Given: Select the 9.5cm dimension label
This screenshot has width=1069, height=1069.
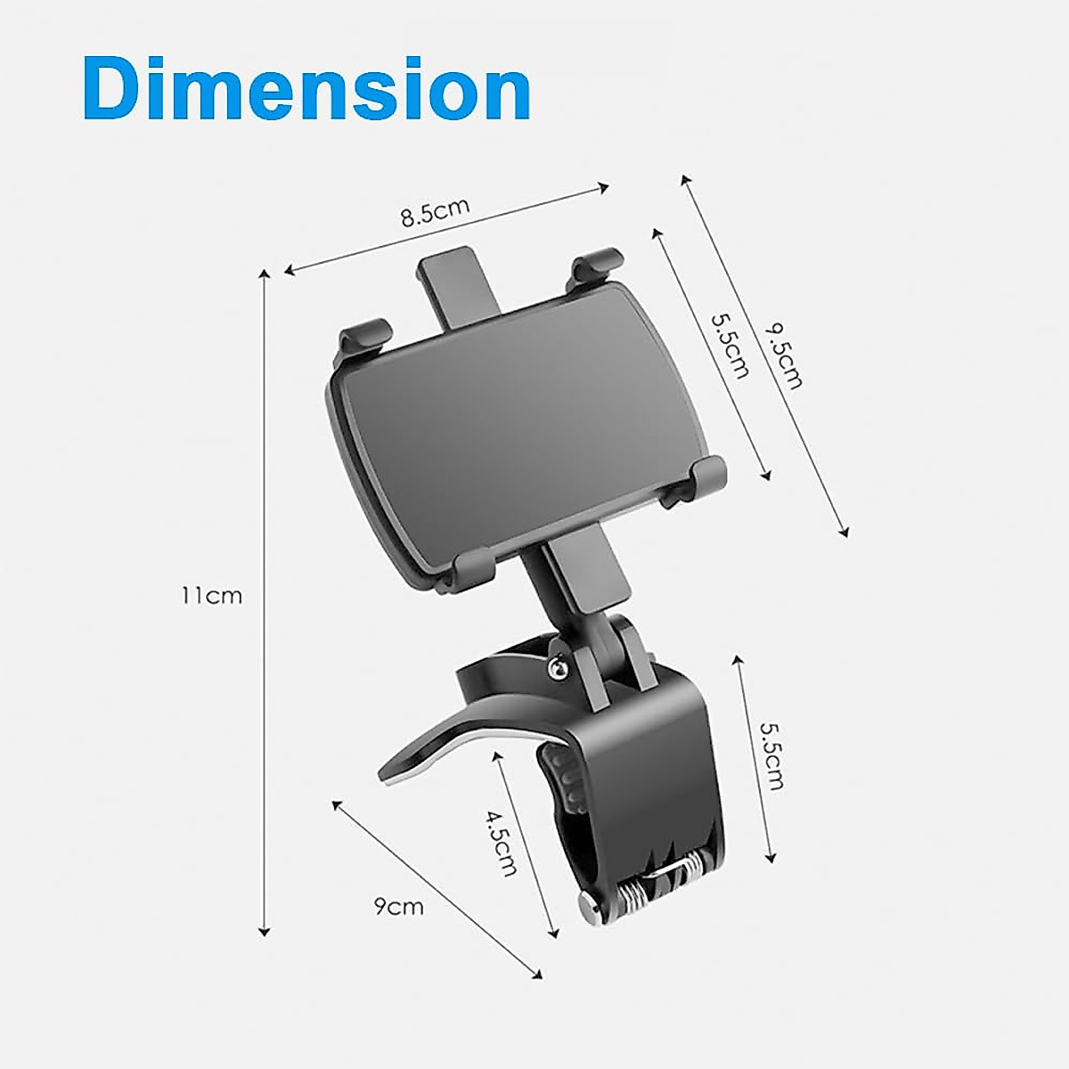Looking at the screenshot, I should (x=784, y=356).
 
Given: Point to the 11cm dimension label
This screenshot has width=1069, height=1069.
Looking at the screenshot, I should (x=211, y=595).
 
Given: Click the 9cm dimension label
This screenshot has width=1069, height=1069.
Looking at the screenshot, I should (x=398, y=907).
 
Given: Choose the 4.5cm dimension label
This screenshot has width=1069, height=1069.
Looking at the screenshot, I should (x=501, y=842).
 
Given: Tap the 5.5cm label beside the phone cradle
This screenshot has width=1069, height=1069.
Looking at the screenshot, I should (x=729, y=345).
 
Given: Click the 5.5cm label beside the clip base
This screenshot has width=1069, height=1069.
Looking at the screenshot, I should (x=771, y=755).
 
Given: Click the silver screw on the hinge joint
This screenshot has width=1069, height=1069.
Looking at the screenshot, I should (x=559, y=665).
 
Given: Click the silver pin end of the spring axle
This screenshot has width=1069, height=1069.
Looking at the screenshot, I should (x=591, y=910).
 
